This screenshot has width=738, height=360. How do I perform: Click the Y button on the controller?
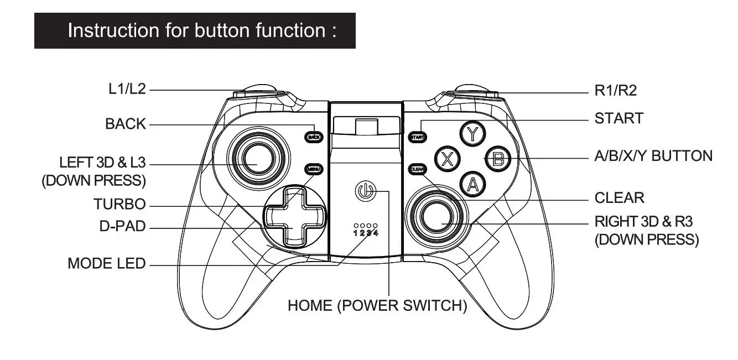[471, 133]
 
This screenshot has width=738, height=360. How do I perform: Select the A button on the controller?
[471, 184]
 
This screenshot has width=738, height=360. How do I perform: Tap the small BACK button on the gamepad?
[314, 137]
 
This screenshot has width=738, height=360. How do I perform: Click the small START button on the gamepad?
[418, 137]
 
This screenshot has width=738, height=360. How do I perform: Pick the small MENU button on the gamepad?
[314, 169]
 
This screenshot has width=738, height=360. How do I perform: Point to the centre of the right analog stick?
[439, 217]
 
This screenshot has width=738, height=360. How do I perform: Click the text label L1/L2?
[127, 89]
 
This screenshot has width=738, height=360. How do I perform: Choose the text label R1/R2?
[615, 91]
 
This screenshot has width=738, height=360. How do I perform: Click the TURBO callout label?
[119, 205]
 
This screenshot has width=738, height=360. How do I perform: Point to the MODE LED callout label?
[106, 263]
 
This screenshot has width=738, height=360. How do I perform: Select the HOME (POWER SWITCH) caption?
[377, 305]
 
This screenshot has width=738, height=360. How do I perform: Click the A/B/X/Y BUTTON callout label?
[653, 156]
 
